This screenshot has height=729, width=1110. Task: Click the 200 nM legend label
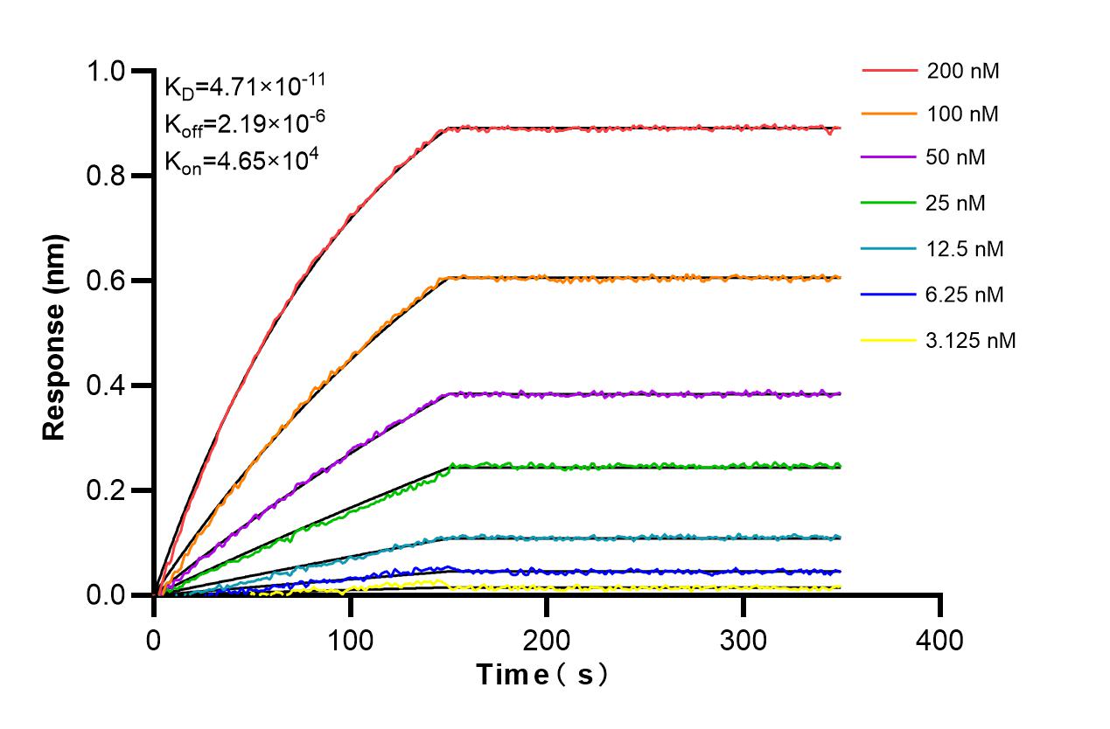(963, 71)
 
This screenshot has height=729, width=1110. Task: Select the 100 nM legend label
(963, 114)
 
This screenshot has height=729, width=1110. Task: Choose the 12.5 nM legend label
(966, 249)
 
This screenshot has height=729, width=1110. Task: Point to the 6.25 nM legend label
(966, 295)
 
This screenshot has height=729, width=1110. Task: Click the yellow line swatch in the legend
(890, 340)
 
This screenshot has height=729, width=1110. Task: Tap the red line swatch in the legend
(890, 71)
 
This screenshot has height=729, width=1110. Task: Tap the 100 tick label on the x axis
(351, 641)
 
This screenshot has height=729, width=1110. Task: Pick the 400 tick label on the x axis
(939, 641)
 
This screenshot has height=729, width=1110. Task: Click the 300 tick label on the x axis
(743, 641)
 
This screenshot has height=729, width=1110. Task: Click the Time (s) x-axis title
(541, 675)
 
